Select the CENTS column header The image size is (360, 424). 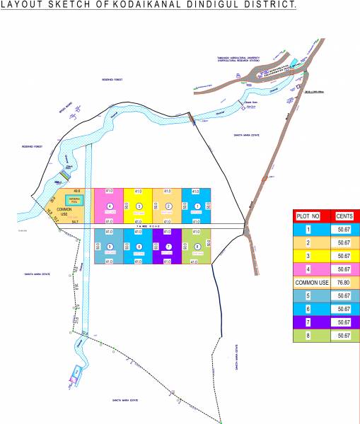coord(344,216)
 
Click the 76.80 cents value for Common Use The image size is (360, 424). coord(344,282)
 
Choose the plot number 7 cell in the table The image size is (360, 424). coord(309,322)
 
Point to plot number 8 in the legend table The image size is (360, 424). coord(309,336)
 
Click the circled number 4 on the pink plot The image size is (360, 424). coord(110,206)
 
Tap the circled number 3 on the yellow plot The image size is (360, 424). coord(139,206)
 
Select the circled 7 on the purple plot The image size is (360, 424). coord(168,246)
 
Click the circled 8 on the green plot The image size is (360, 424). coord(197,246)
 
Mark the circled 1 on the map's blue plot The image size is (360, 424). coord(197,206)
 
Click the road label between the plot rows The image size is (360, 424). coord(151,226)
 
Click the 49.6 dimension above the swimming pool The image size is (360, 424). coord(76,191)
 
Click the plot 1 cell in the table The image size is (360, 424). coord(309,229)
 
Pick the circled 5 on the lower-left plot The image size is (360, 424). coord(110,246)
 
